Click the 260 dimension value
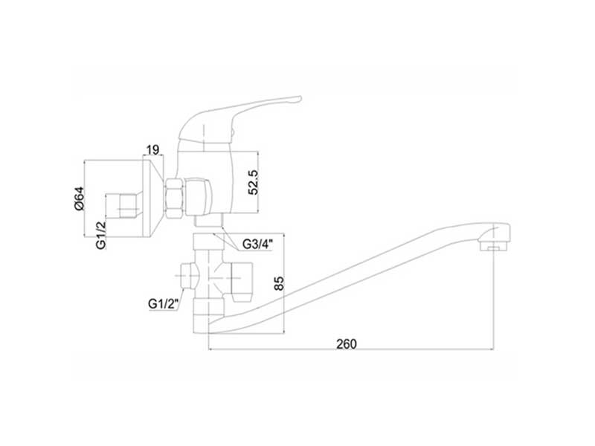[347, 343]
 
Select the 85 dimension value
[279, 284]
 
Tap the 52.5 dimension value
[253, 181]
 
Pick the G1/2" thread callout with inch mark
[162, 303]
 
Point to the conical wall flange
[152, 196]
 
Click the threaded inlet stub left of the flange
[122, 204]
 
